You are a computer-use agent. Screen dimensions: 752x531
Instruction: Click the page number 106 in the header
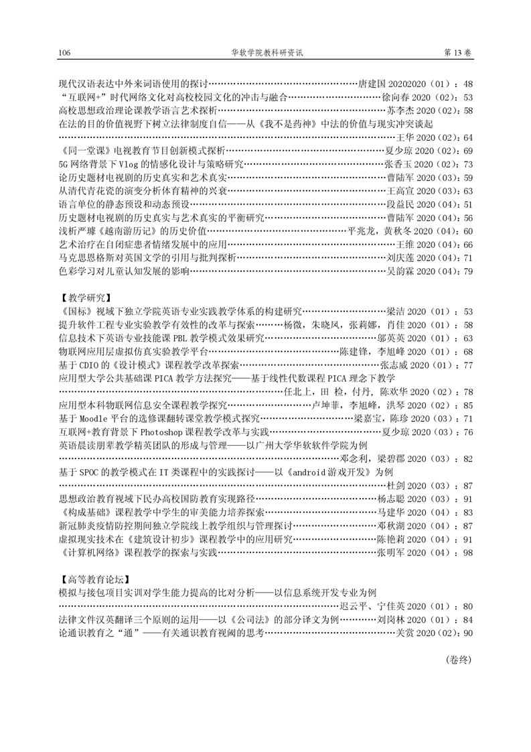click(65, 53)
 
